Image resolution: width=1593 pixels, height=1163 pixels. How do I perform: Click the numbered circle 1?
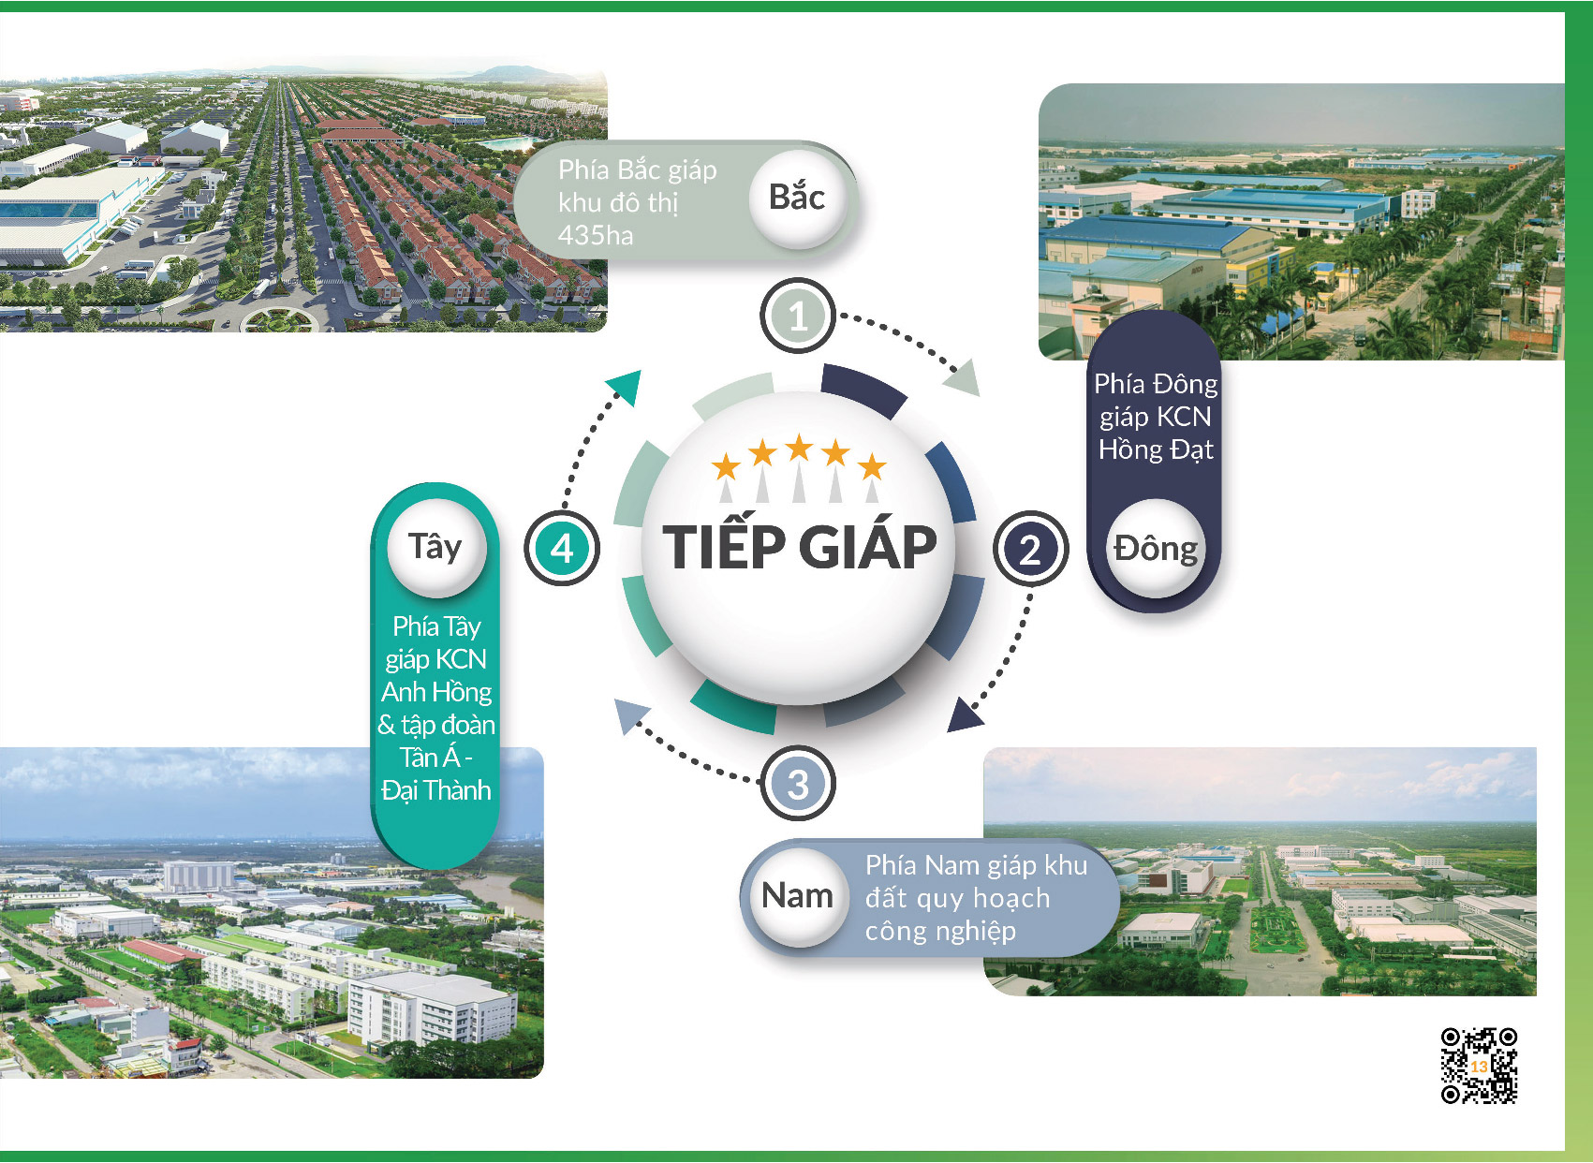tap(797, 316)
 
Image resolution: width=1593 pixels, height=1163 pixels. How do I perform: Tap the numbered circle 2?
tap(1030, 550)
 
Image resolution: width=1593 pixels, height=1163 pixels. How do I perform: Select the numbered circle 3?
tap(797, 784)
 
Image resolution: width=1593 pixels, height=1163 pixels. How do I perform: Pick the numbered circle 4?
tap(562, 548)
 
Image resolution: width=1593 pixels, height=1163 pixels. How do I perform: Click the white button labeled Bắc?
tap(797, 198)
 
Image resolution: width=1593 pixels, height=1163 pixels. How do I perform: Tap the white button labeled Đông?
tap(1156, 548)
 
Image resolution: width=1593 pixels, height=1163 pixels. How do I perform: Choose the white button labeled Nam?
tap(797, 895)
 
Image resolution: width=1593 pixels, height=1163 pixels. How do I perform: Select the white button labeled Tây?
tap(435, 546)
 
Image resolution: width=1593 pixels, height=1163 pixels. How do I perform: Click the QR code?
tap(1479, 1066)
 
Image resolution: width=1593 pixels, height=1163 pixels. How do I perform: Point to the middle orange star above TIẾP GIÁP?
tap(799, 448)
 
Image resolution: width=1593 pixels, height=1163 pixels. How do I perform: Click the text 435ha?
tap(596, 235)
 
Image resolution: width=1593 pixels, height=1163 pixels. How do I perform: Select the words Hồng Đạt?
tap(1156, 449)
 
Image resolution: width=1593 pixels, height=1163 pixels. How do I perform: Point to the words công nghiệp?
tap(940, 931)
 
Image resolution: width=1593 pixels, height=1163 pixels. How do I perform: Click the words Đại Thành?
tap(436, 790)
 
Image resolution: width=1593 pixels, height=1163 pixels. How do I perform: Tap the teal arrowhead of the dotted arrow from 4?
tap(626, 385)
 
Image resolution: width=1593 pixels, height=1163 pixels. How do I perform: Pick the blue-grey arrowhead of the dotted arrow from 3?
tap(631, 715)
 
